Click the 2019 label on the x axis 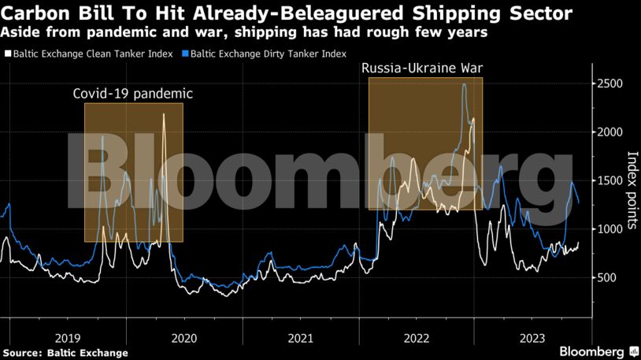[x=67, y=337]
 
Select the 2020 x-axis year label [x=183, y=337]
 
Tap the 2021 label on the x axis [x=300, y=337]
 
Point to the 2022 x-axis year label [x=417, y=337]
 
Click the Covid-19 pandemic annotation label [x=132, y=94]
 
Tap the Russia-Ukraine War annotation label [x=421, y=69]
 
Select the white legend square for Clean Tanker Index [x=8, y=54]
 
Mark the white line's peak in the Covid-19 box [x=164, y=115]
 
